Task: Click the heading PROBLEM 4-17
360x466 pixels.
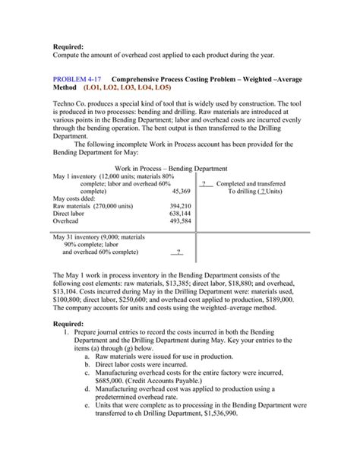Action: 79,79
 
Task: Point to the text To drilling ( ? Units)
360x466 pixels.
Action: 257,192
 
